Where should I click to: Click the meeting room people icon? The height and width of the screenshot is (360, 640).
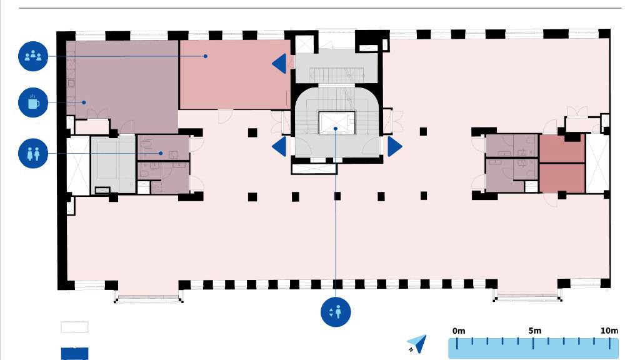click(x=33, y=56)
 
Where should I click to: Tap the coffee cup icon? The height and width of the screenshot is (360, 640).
click(x=33, y=102)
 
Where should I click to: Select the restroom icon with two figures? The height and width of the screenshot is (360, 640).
click(x=33, y=153)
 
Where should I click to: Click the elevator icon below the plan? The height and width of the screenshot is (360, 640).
click(x=336, y=311)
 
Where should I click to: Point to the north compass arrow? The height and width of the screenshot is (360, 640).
click(x=417, y=343)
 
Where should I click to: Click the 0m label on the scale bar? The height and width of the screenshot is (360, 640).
click(x=459, y=330)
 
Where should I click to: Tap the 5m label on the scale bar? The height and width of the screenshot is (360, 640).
click(x=534, y=330)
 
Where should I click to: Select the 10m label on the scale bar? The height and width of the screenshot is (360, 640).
click(x=609, y=330)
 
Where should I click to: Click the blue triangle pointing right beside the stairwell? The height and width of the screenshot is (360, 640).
click(x=394, y=147)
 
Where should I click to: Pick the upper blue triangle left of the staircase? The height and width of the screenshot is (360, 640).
click(x=279, y=63)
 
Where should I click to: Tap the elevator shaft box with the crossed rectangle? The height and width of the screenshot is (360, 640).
click(x=336, y=123)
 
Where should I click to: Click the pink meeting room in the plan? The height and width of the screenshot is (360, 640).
click(x=234, y=74)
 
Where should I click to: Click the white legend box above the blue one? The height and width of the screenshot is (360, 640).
click(x=74, y=327)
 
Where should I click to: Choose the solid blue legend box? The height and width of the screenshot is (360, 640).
click(x=74, y=354)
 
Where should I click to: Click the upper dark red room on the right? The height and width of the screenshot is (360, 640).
click(x=562, y=148)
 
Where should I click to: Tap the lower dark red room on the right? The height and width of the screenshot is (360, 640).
click(x=562, y=177)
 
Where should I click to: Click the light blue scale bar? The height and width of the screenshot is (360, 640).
click(x=533, y=348)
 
